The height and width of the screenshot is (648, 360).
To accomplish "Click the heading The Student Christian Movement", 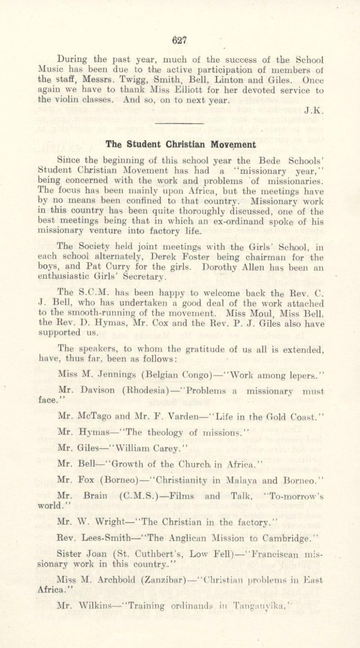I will pos(180,144).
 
